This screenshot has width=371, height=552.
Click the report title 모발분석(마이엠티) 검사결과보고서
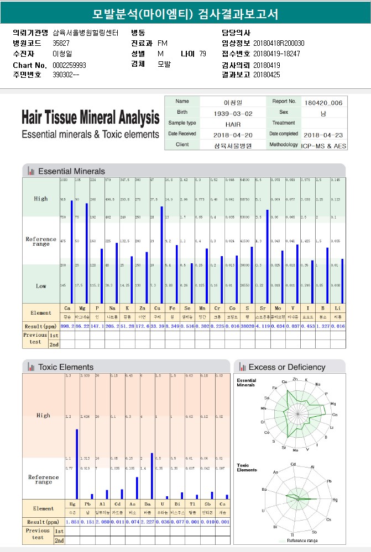click(x=185, y=14)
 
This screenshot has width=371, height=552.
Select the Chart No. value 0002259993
click(x=69, y=65)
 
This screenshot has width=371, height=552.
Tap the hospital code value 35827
click(x=61, y=43)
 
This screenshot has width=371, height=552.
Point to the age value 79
click(x=202, y=54)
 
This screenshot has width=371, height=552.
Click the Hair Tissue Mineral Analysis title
click(x=90, y=118)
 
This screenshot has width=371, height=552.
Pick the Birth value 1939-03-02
click(x=233, y=113)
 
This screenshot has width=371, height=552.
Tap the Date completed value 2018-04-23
click(x=323, y=135)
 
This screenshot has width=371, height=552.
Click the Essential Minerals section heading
click(x=71, y=171)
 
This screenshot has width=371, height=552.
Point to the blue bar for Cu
click(x=161, y=254)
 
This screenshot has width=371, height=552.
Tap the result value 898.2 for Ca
click(x=67, y=326)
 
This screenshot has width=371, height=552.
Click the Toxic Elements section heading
click(x=65, y=367)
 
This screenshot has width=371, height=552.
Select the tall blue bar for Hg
click(x=77, y=464)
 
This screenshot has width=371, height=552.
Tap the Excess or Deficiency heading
click(x=286, y=367)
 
